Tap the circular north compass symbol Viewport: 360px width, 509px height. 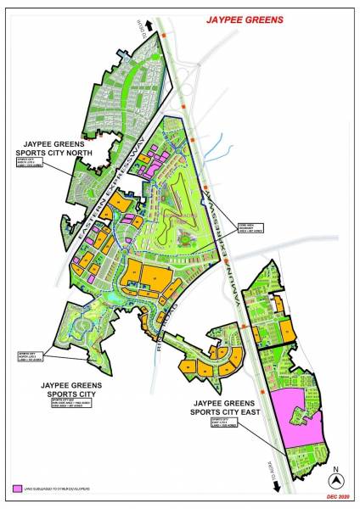point(336,478)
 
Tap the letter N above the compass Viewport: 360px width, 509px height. point(336,467)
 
